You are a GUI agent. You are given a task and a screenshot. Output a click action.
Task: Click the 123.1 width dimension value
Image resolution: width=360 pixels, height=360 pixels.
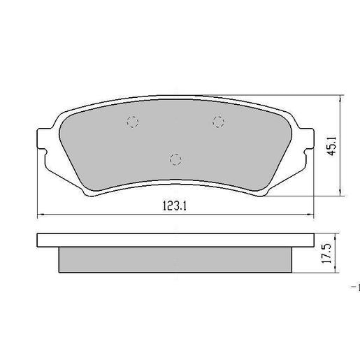175,206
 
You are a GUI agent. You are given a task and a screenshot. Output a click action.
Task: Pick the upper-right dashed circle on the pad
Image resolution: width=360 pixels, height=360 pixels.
218,122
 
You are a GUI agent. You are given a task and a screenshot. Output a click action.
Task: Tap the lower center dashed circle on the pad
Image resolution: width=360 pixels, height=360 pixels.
176,159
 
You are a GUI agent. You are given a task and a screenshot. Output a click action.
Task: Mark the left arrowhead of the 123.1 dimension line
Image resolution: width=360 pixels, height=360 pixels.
38,215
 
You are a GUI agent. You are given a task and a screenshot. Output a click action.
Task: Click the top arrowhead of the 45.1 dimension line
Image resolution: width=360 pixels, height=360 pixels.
340,99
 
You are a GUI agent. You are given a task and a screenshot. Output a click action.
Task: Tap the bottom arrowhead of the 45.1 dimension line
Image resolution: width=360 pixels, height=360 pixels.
340,194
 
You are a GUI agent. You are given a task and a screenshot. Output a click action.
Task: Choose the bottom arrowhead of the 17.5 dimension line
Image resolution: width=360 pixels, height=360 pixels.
340,271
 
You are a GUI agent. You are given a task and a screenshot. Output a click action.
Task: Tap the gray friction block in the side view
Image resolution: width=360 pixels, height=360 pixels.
175,259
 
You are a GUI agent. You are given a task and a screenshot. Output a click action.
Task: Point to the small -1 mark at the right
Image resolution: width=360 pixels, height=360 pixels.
355,287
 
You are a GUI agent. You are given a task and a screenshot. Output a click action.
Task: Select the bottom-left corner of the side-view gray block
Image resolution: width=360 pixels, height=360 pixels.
58,273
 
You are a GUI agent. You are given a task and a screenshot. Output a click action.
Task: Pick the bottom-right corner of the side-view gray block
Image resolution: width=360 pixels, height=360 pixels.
293,273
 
